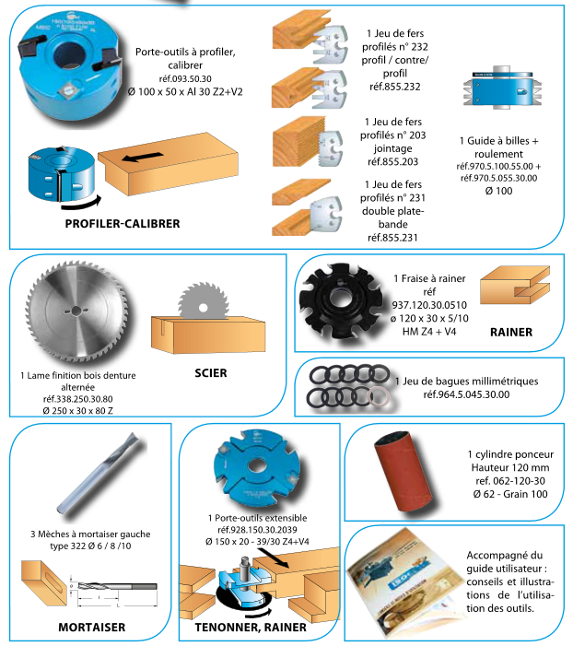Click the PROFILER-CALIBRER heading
(123, 224)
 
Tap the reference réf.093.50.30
(185, 78)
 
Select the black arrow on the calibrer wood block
(143, 157)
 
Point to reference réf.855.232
(394, 87)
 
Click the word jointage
(392, 148)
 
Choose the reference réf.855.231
(392, 238)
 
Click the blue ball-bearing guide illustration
(502, 88)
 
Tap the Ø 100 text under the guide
(498, 191)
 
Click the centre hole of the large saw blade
(76, 311)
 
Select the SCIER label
(210, 373)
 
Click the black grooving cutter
(341, 300)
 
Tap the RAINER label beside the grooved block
(510, 332)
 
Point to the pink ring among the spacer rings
(379, 397)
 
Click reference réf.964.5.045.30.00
(466, 394)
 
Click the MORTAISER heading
(91, 627)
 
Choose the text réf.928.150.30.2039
(257, 530)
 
